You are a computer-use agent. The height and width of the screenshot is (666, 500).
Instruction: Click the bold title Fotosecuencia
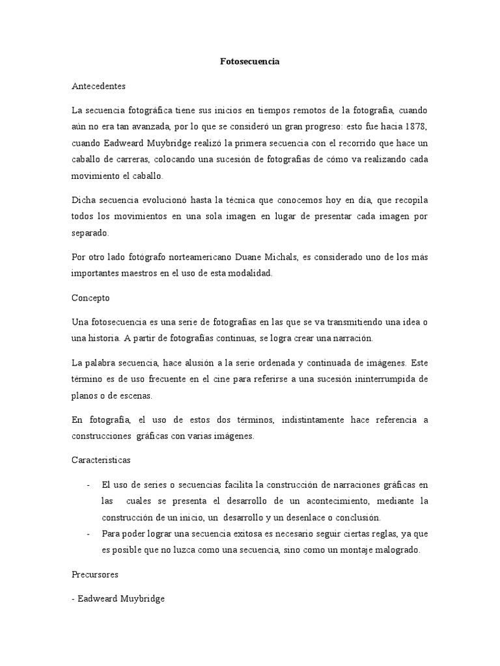[249, 61]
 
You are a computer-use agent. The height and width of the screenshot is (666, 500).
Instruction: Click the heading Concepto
[90, 298]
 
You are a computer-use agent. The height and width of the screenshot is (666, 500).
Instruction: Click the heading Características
[101, 460]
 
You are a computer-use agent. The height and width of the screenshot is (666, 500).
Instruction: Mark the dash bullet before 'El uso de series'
[88, 485]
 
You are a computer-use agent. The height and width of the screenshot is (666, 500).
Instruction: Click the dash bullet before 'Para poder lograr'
[88, 534]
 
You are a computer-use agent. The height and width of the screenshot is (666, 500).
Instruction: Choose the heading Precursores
[94, 576]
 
